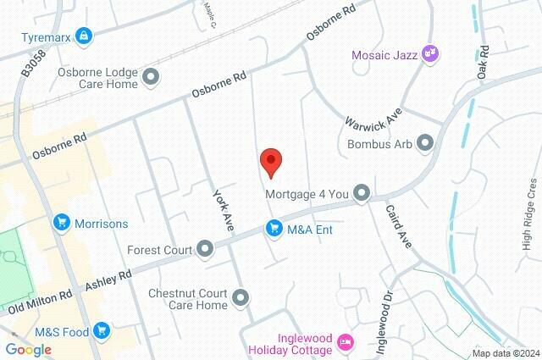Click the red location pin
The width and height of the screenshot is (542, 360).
coord(270,162)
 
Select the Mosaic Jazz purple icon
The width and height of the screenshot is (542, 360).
coord(430,53)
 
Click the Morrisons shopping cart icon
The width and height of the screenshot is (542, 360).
coord(61,223)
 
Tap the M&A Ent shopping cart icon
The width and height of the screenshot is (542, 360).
coord(274,228)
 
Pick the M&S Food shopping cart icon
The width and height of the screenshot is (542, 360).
coord(102,331)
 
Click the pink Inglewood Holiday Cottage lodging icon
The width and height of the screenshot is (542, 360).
coord(346,342)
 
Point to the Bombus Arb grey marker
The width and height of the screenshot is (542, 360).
coord(426,143)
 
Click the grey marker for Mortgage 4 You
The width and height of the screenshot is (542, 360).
coord(362,194)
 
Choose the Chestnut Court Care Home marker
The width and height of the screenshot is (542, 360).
coord(241,298)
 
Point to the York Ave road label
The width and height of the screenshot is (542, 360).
coord(222,208)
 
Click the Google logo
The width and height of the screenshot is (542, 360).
coord(28,349)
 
